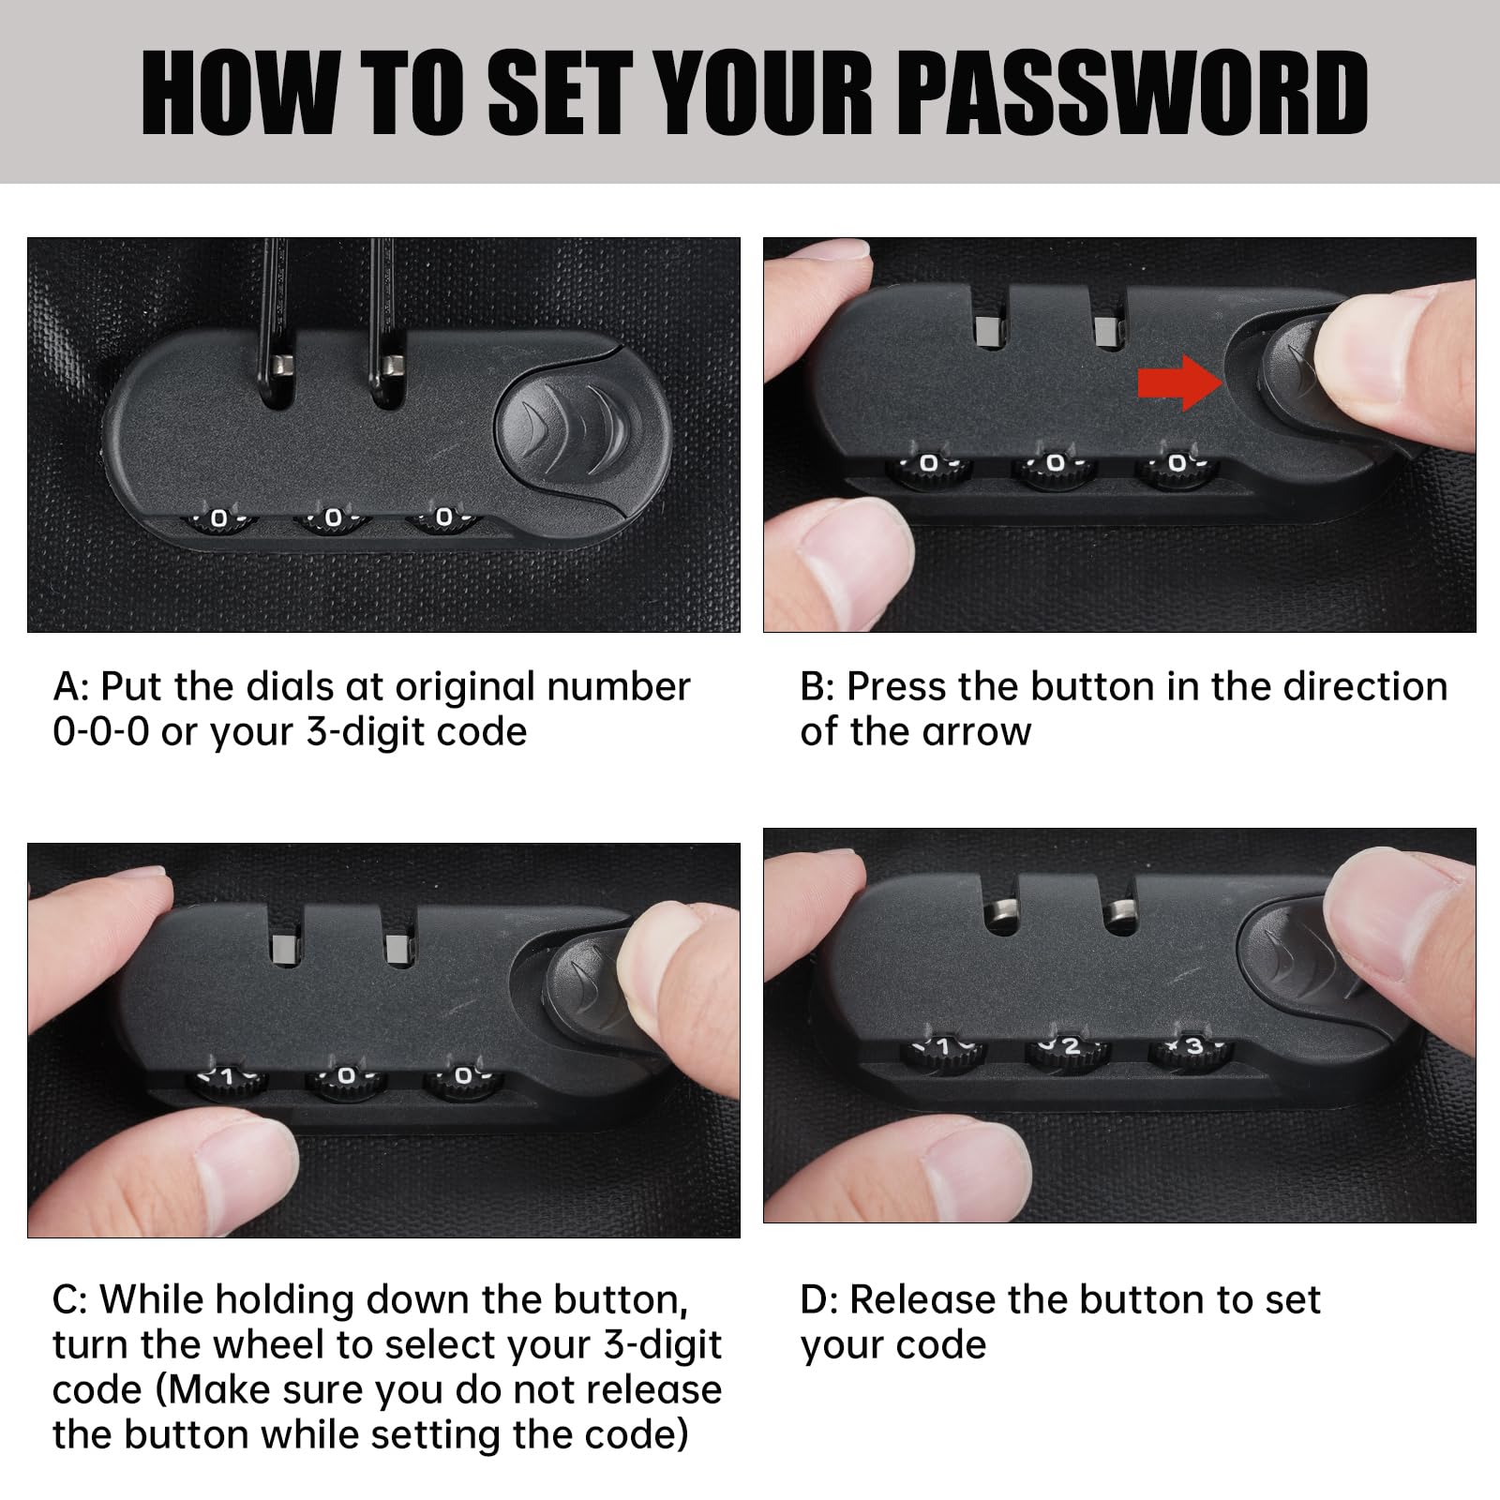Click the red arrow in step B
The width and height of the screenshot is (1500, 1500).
coord(1180,382)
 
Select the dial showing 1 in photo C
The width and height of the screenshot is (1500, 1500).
coord(226,1082)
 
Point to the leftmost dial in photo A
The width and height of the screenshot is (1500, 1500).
coord(217,523)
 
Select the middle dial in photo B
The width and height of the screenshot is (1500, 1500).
coord(1055,468)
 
